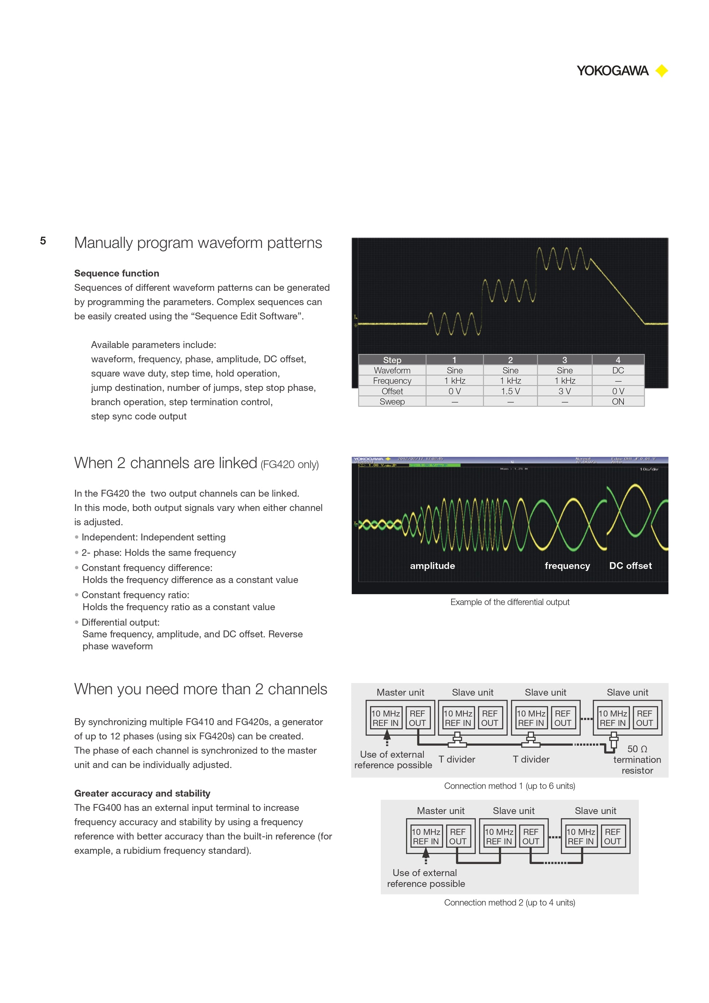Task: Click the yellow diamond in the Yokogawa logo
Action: (662, 71)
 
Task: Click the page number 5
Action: (43, 241)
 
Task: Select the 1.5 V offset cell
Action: (510, 391)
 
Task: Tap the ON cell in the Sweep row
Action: (618, 402)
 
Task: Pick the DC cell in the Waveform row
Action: (618, 370)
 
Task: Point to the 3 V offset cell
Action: (564, 391)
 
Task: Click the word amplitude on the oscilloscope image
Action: (432, 566)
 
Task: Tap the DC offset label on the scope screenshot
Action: (630, 566)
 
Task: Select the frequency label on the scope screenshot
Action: (567, 566)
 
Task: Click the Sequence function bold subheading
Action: (117, 273)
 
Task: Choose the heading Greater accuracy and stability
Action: (142, 793)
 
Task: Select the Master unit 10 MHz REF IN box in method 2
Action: (426, 836)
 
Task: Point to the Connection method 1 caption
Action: (509, 786)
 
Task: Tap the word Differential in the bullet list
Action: (103, 622)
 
